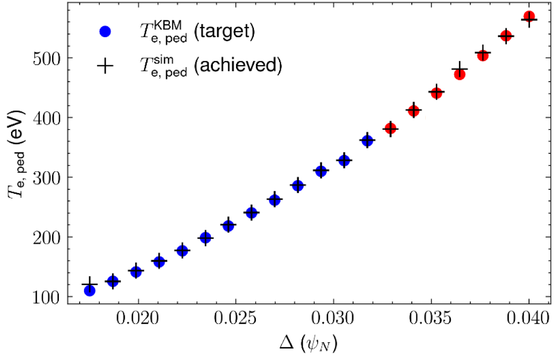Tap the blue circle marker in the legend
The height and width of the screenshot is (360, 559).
[x=105, y=32]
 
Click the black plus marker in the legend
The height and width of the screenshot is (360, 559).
[x=105, y=66]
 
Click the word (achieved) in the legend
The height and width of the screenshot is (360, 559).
[x=238, y=66]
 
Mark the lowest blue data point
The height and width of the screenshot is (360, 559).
[x=89, y=291]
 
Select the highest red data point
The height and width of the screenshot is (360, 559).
[x=529, y=17]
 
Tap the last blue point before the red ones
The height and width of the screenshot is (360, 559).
[x=367, y=140]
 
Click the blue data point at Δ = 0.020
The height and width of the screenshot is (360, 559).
[x=136, y=272]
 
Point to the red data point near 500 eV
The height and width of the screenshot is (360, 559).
[x=483, y=55]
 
